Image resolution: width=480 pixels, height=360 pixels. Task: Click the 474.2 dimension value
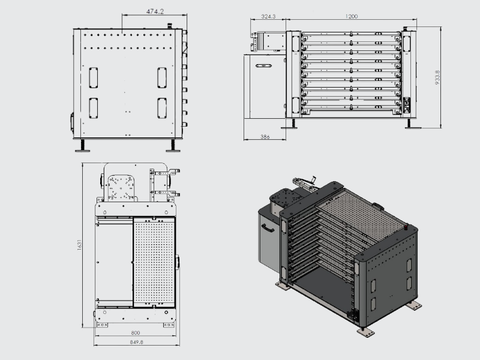pyautogui.click(x=155, y=11)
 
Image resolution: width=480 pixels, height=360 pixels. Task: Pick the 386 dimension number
pyautogui.click(x=265, y=137)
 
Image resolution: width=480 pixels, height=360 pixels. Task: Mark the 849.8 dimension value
pyautogui.click(x=136, y=343)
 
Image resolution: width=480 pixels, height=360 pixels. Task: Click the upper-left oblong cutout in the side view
pyautogui.click(x=93, y=77)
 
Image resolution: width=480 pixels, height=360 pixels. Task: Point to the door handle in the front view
pyautogui.click(x=263, y=65)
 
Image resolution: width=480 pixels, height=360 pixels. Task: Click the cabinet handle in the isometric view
pyautogui.click(x=268, y=227)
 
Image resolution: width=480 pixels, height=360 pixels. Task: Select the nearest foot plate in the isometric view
pyautogui.click(x=365, y=330)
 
